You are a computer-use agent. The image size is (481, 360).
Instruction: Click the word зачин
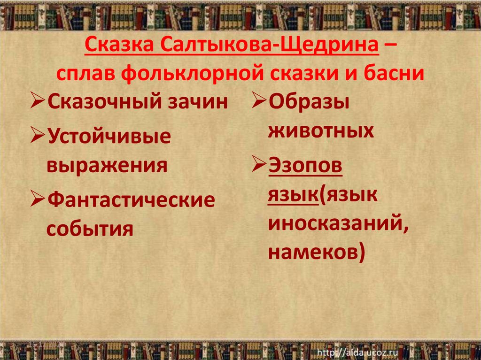click(203, 102)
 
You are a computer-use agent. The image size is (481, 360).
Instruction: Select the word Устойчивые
click(109, 137)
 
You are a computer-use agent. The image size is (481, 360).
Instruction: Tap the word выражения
click(107, 165)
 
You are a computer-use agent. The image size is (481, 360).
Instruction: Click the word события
click(89, 229)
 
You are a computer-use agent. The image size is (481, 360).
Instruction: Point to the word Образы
click(309, 102)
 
